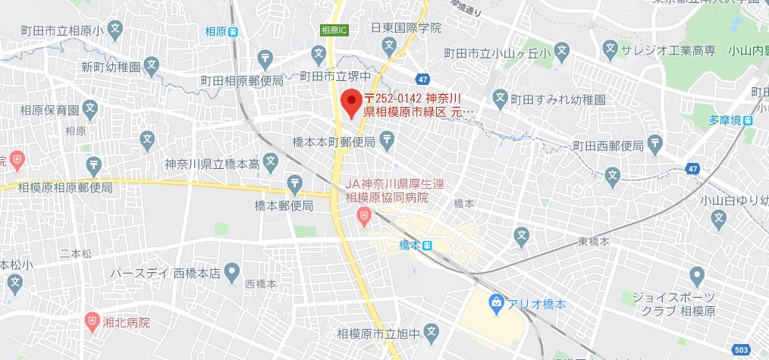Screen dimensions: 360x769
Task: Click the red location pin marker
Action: (x=351, y=102)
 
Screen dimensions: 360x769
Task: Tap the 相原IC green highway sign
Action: (x=334, y=30)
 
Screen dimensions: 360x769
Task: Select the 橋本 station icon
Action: (x=428, y=245)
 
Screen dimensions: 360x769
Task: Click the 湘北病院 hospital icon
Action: (x=93, y=321)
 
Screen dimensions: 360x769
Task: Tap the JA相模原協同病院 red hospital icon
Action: (x=365, y=218)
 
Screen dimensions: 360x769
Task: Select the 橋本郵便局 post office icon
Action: (x=293, y=182)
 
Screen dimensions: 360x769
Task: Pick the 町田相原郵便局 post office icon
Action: (x=265, y=58)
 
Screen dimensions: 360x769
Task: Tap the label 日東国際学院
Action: (x=405, y=27)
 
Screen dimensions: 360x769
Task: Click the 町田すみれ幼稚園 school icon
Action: (x=500, y=98)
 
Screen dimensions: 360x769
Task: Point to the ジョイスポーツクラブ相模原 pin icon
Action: (x=696, y=275)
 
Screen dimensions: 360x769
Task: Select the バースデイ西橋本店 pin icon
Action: (x=232, y=271)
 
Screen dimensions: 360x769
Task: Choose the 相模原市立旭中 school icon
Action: (x=431, y=332)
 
